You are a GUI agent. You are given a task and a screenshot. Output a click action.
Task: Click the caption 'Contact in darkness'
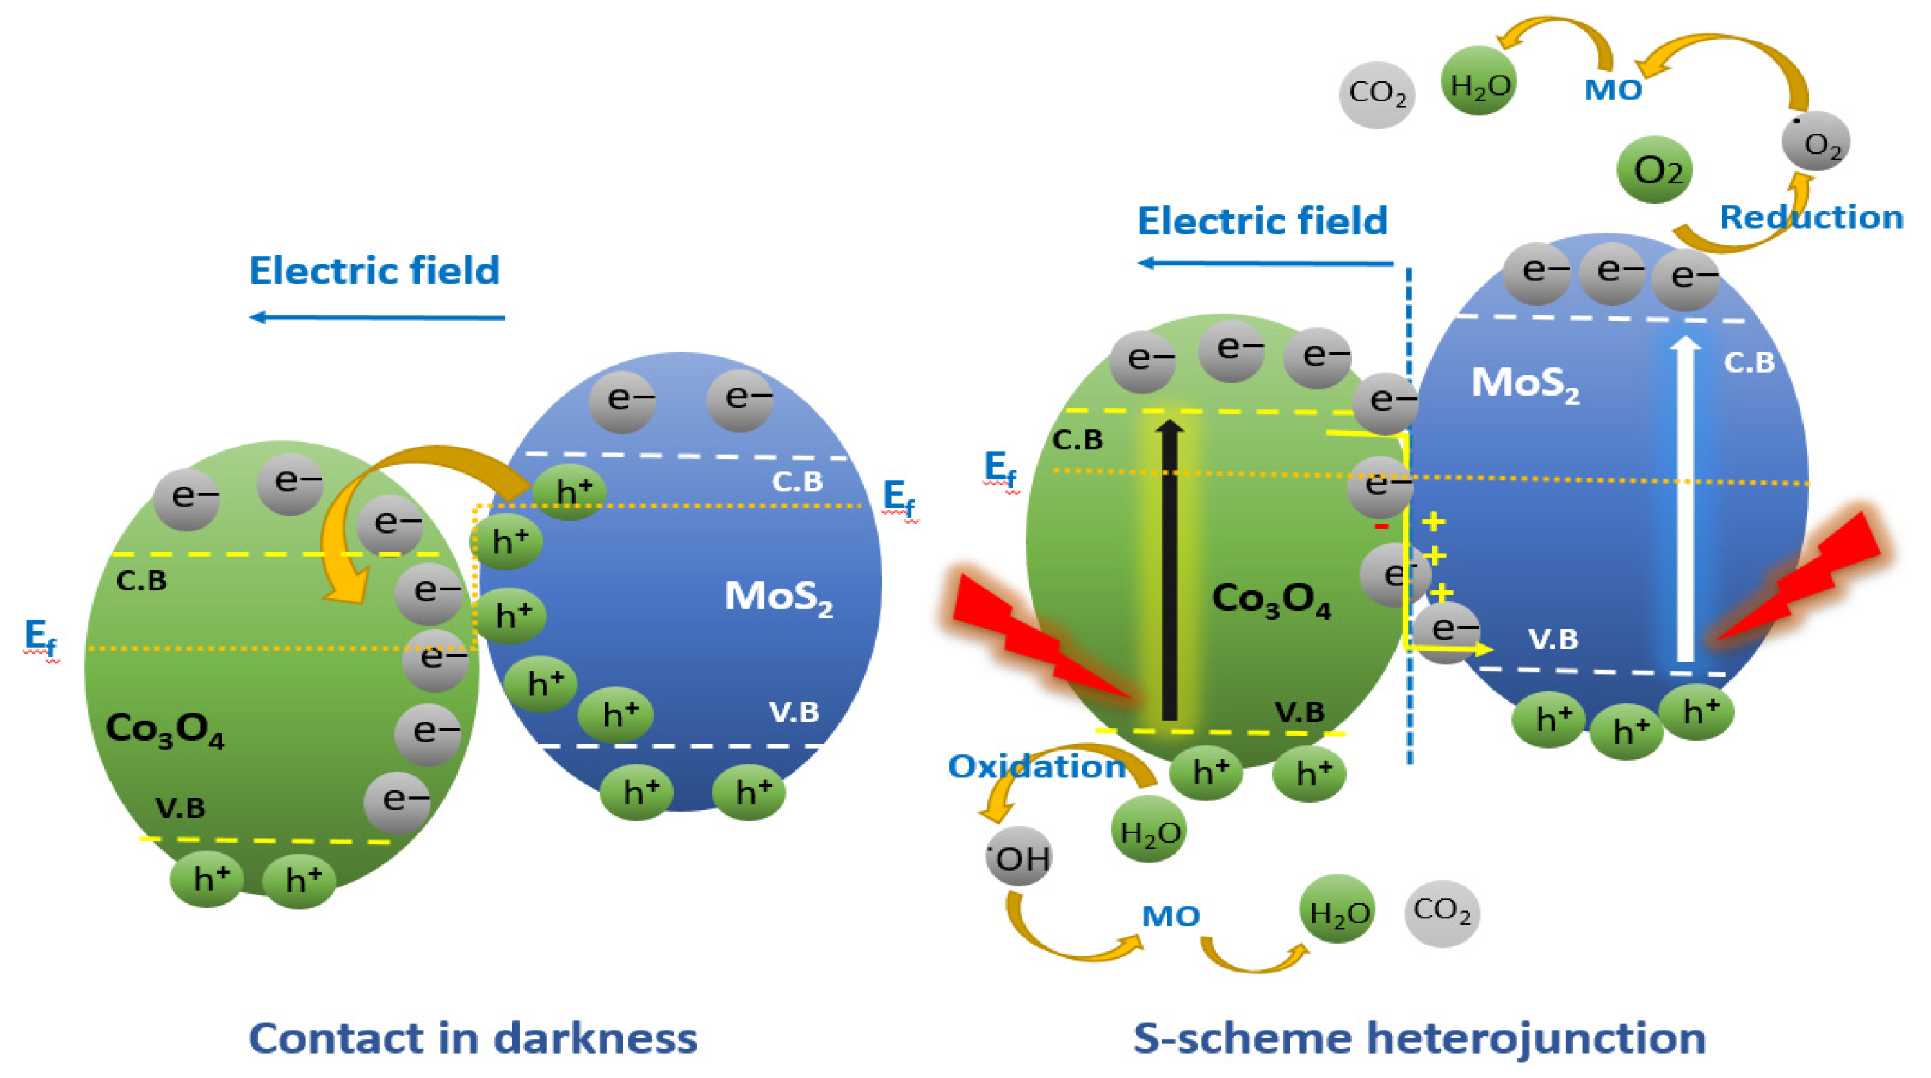473,1038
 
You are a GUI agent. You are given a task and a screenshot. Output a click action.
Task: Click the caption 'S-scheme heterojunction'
1419,1038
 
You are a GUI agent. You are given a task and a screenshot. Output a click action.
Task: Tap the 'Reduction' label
1810,217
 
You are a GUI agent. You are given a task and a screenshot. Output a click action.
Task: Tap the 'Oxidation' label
1036,767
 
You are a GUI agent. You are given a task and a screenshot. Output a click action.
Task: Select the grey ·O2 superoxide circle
1816,142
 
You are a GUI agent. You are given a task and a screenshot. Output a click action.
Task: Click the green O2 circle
1655,170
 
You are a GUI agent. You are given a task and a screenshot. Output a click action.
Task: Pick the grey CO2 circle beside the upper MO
1377,94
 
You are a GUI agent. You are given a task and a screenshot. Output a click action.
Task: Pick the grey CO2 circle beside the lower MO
1442,913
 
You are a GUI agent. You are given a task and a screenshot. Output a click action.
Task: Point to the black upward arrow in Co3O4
1170,570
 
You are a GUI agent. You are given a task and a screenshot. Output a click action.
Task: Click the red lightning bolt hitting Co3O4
1039,636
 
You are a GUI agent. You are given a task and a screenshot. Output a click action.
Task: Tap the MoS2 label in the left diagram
778,598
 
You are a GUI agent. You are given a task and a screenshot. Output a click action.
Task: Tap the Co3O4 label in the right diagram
1271,599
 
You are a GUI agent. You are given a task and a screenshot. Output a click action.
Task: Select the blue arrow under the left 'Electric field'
377,318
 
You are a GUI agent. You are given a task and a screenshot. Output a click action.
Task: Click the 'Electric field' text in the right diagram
1262,221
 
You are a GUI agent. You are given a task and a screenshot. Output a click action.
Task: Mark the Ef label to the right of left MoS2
898,498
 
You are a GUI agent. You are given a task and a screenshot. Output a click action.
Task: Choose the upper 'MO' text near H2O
1613,90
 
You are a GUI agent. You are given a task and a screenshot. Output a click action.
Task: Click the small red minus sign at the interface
1382,526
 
